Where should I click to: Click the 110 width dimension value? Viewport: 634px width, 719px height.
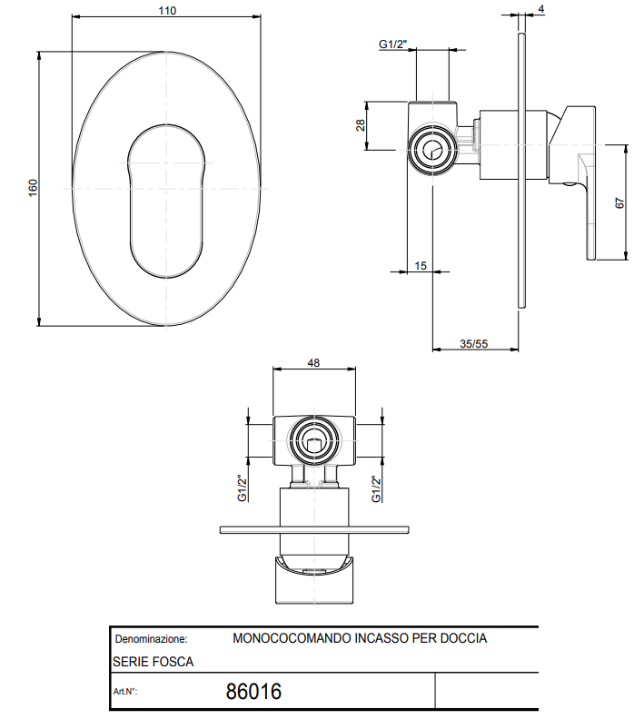coord(167,11)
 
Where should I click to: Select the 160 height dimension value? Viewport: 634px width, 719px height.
coord(33,188)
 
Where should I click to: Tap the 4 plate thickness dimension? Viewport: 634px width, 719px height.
coord(540,9)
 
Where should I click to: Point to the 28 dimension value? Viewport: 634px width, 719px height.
coord(361,124)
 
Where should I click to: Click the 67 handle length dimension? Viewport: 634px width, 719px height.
coord(619,203)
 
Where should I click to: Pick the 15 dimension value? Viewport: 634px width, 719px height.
coord(421,265)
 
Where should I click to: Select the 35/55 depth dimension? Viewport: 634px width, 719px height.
coord(474,343)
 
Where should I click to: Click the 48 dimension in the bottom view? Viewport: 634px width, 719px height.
coord(313,363)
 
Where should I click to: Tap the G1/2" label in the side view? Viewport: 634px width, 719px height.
coord(393,44)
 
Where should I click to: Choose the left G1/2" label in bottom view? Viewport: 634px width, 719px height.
coord(243,488)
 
